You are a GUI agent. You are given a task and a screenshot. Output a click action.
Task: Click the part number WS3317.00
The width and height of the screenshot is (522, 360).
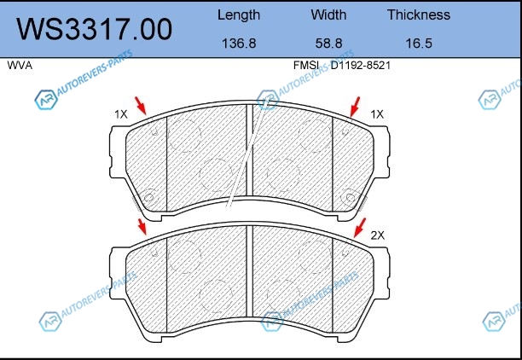point(95,30)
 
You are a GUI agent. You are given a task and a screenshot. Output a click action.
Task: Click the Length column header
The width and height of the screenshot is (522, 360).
point(239,15)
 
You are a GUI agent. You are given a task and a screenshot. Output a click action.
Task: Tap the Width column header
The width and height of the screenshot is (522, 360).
point(328,15)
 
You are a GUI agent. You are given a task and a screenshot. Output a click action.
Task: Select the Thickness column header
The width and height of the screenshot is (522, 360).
point(419,15)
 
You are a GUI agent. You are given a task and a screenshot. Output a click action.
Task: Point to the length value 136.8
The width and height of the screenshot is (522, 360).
point(239,44)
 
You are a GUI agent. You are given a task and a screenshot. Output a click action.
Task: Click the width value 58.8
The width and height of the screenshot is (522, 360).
point(328,44)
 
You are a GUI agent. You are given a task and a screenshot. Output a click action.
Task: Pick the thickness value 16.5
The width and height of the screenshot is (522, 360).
point(419,44)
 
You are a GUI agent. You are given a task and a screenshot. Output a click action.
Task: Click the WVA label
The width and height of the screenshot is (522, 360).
point(20,66)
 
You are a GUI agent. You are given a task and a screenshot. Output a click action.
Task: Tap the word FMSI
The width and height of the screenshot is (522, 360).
point(306,66)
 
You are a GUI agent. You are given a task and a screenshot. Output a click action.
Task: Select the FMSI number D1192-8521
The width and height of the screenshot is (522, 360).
point(361,66)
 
